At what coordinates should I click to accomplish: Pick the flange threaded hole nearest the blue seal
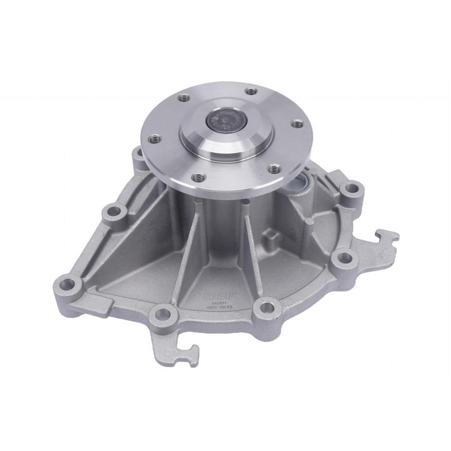point(274,167)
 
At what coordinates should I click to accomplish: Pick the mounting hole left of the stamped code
point(162,313)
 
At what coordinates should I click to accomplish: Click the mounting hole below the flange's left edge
point(116,213)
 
